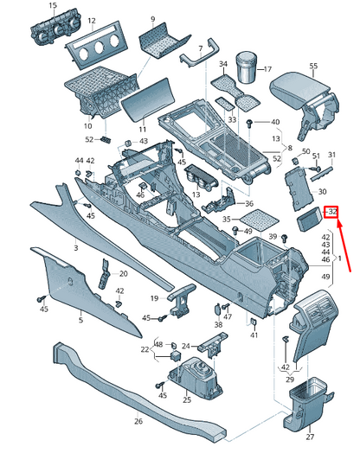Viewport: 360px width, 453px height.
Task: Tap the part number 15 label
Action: click(51, 6)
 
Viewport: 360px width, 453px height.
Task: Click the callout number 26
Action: click(138, 421)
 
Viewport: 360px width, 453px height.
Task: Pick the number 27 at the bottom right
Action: click(312, 437)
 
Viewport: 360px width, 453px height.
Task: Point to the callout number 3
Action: click(75, 248)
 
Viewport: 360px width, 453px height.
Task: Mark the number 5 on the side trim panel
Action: click(80, 321)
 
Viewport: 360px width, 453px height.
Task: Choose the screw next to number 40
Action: click(250, 124)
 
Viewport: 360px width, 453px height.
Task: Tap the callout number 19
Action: click(154, 298)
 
